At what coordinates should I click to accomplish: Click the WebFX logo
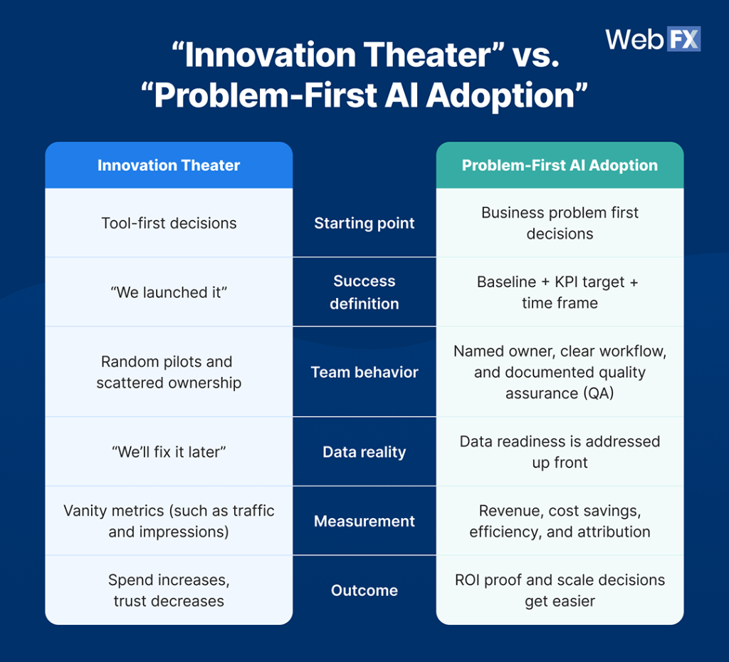coord(653,39)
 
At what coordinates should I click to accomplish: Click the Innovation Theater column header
coord(169,165)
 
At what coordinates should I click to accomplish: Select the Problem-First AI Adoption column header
coord(560,165)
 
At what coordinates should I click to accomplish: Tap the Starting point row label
coord(364,223)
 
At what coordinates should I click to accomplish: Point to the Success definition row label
coord(364,292)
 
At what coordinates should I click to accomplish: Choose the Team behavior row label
coord(364,372)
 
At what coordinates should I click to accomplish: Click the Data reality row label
coord(364,452)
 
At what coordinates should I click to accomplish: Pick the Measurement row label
coord(364,521)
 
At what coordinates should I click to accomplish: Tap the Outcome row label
coord(364,590)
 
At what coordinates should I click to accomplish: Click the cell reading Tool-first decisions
coord(169,223)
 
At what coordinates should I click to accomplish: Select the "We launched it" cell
coord(169,292)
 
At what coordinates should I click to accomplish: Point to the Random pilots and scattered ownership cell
coord(169,372)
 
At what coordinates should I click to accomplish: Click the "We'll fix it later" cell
coord(169,452)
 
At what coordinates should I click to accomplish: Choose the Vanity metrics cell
coord(169,521)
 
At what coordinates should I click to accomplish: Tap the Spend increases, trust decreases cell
coord(169,590)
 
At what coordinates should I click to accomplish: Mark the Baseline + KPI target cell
coord(560,292)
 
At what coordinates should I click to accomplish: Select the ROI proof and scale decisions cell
coord(560,590)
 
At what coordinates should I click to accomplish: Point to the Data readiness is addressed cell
coord(560,452)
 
